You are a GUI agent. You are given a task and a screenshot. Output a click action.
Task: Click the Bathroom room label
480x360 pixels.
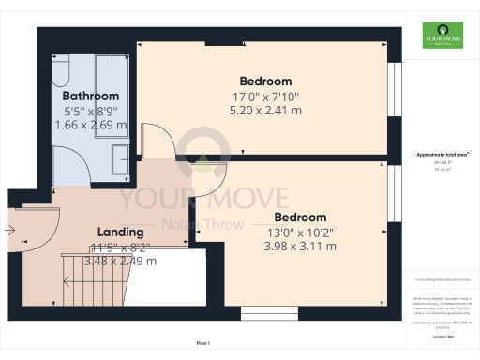(x=91, y=96)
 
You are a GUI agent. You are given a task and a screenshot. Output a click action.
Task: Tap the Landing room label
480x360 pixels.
(x=121, y=232)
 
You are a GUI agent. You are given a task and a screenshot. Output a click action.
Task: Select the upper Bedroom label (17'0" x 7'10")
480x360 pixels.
(x=265, y=81)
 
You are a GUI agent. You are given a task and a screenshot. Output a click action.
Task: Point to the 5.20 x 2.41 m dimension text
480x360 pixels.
(x=265, y=111)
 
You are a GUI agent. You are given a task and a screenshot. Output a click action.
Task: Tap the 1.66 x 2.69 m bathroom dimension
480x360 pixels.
(x=91, y=124)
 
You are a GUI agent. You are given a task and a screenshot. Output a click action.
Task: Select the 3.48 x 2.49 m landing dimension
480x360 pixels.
(x=121, y=262)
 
